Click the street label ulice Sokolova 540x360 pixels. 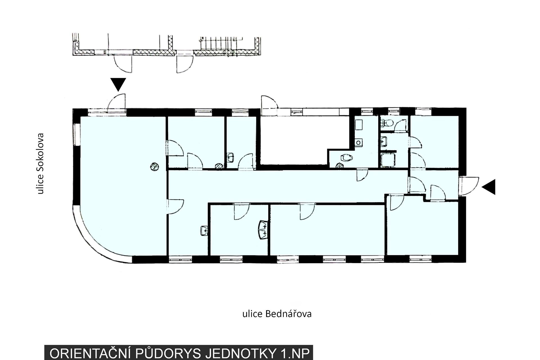41,163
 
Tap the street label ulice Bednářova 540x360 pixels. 277,314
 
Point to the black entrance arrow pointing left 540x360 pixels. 489,187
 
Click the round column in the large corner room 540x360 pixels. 154,167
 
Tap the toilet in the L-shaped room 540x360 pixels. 346,158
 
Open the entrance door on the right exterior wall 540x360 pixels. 469,186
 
